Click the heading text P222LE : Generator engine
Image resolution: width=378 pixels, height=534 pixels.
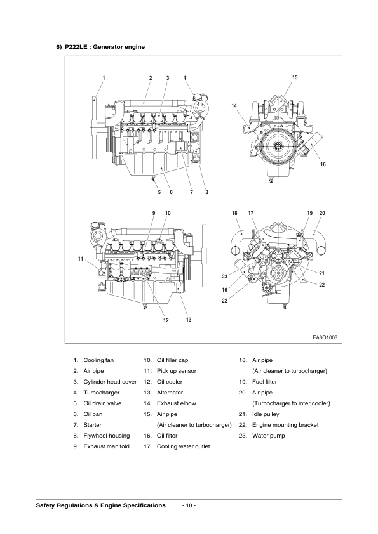(x=105, y=47)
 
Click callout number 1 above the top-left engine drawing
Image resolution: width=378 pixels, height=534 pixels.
(x=104, y=78)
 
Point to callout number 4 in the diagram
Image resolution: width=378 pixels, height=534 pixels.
(x=185, y=78)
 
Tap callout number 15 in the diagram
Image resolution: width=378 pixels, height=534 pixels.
(x=295, y=77)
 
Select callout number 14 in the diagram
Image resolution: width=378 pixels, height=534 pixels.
(x=234, y=105)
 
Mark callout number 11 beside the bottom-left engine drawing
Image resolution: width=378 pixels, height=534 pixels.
(x=81, y=259)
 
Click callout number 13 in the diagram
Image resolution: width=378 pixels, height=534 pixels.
(x=189, y=319)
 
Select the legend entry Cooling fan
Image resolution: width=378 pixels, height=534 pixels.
(x=98, y=360)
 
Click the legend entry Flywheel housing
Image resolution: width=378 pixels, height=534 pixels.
(x=106, y=436)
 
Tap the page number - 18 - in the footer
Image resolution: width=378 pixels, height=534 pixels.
(x=189, y=505)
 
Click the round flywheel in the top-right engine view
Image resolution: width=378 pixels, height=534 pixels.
(x=277, y=148)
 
